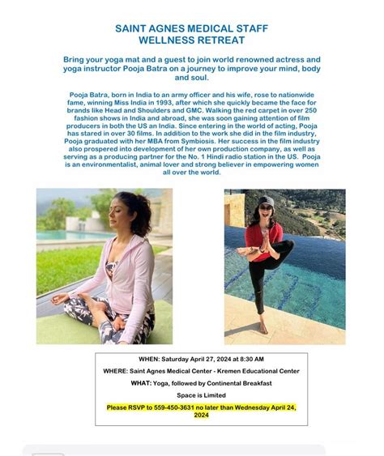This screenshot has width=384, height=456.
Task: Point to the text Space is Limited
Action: click(190, 395)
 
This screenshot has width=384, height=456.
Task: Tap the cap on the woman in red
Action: click(266, 200)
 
